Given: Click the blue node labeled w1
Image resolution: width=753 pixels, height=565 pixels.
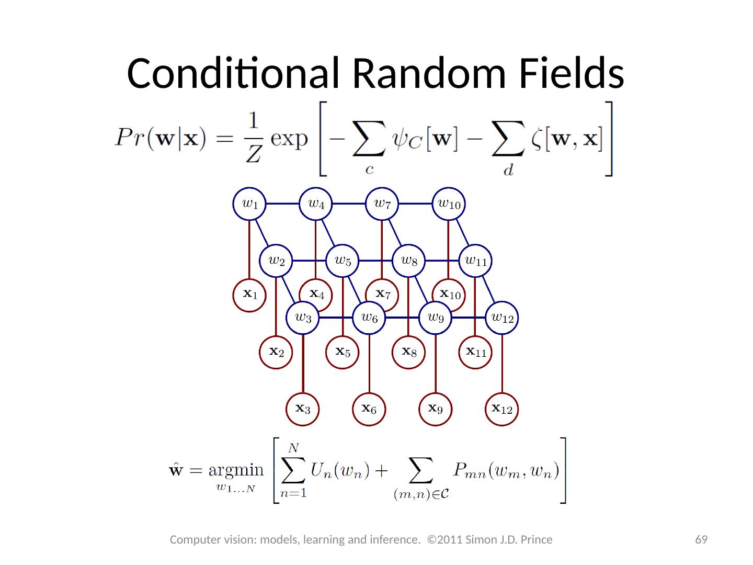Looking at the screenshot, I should coord(249,204).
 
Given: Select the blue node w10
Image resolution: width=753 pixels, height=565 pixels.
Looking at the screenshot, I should coord(449,204).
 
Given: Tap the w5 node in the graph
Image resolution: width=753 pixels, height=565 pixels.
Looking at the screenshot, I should coord(342,260).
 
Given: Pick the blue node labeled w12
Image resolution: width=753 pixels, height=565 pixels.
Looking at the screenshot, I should coord(502,317).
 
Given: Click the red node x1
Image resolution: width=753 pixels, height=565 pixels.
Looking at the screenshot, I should coord(249,295).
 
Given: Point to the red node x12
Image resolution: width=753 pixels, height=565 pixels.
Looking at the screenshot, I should coord(502,409).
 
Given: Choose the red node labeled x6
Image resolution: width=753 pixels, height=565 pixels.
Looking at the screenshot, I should coord(369,409).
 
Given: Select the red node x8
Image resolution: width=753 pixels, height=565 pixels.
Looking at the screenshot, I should coord(408,352).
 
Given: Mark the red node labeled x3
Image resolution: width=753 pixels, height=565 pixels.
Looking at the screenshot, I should coord(303,409).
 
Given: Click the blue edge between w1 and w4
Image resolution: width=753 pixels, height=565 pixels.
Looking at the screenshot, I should coord(282,204).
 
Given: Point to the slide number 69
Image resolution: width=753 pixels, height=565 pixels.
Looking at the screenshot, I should coord(701,539).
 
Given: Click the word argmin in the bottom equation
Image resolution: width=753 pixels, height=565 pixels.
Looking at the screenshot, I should coord(236,470).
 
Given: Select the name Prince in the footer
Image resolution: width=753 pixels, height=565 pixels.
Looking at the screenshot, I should coord(536,539).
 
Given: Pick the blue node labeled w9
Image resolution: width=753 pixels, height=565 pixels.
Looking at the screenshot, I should coord(436,317).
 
